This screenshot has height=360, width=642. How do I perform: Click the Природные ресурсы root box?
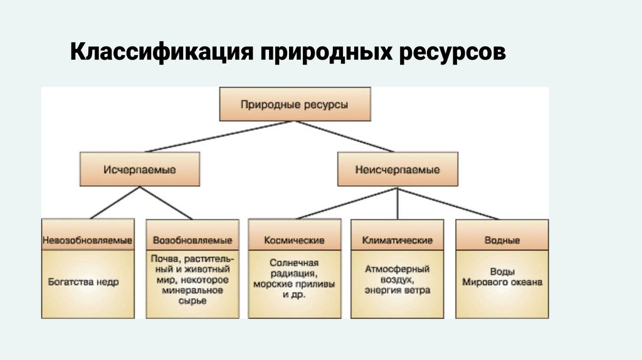pyautogui.click(x=294, y=105)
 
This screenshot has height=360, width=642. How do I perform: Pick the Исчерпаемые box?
pyautogui.click(x=139, y=169)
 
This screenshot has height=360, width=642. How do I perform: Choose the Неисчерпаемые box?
pyautogui.click(x=397, y=169)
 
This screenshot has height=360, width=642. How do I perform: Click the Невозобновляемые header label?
pyautogui.click(x=87, y=241)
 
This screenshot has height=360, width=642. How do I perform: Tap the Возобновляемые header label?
pyautogui.click(x=192, y=241)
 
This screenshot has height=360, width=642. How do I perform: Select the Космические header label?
pyautogui.click(x=294, y=241)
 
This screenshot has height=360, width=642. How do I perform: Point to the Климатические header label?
pyautogui.click(x=397, y=241)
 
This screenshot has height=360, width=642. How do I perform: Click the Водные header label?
pyautogui.click(x=502, y=241)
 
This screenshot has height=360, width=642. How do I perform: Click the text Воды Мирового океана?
pyautogui.click(x=502, y=277)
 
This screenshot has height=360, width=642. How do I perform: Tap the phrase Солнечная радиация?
pyautogui.click(x=294, y=268)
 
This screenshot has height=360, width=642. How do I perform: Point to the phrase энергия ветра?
pyautogui.click(x=397, y=291)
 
